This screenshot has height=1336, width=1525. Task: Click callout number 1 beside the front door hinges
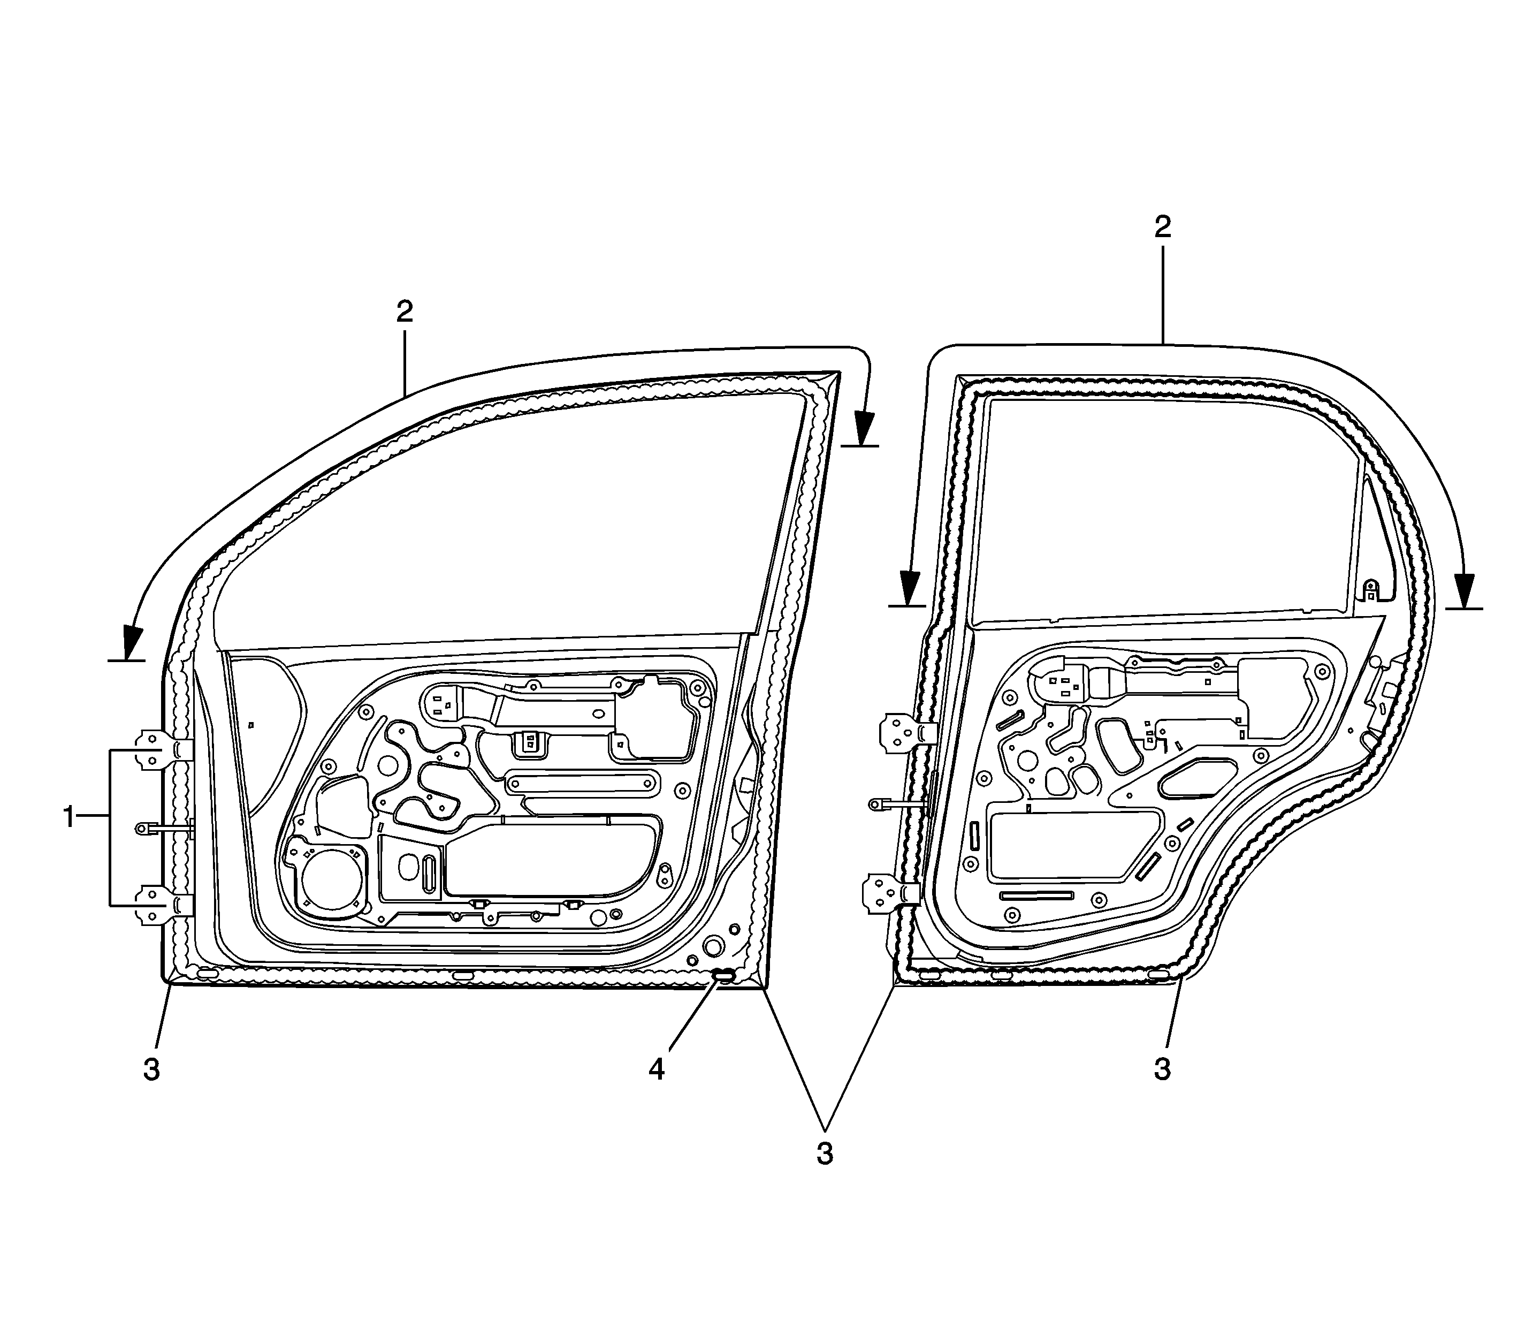point(68,818)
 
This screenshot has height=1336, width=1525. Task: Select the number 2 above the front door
point(405,312)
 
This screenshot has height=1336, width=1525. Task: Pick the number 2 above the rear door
point(1163,227)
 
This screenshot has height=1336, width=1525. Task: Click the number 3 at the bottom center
point(825,1153)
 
